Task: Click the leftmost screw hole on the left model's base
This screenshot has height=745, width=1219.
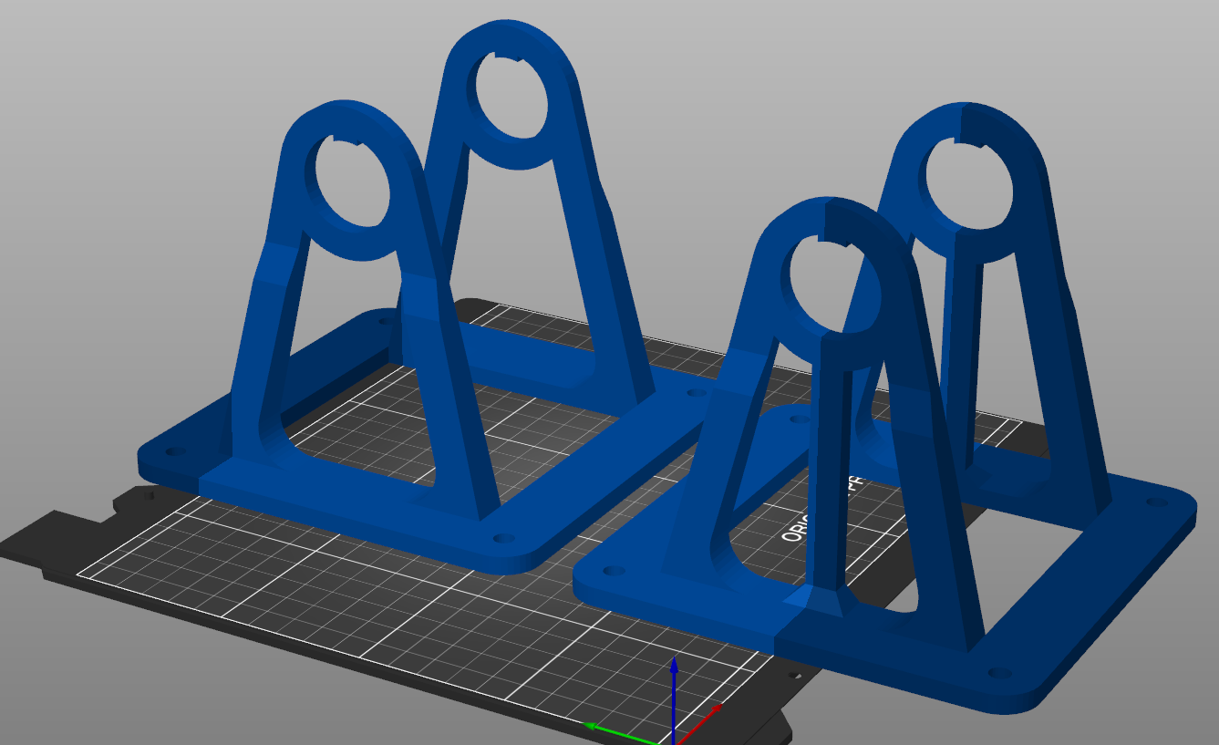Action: (x=173, y=451)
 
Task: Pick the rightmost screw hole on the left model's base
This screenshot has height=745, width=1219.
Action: (x=697, y=393)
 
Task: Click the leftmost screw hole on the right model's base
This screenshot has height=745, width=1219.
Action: (x=614, y=571)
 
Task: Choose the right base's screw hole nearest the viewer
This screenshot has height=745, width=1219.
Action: (x=999, y=673)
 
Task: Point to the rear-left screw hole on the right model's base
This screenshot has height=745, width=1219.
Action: (x=800, y=419)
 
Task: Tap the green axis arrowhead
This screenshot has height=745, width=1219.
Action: (x=591, y=727)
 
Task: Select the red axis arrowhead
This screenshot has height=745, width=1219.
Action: (x=718, y=707)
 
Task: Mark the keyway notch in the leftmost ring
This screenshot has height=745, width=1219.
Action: (x=336, y=140)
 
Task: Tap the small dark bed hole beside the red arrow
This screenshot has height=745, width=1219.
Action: (x=791, y=676)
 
